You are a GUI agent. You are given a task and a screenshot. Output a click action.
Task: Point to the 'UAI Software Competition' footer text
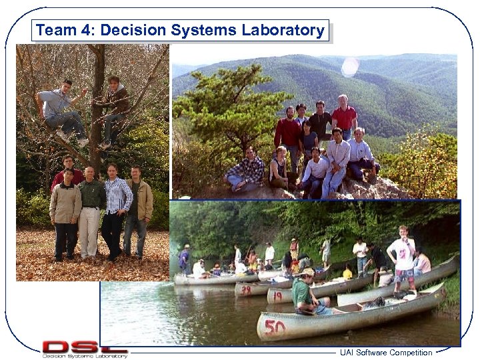coord(385,353)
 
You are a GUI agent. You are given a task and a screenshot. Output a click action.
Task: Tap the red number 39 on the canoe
coord(245,290)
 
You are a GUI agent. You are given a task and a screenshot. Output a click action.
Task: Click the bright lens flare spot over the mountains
coord(349,67)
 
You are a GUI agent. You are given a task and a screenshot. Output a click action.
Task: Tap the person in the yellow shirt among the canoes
coord(347,272)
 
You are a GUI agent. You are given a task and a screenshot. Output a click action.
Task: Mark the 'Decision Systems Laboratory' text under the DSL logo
coord(85,355)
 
